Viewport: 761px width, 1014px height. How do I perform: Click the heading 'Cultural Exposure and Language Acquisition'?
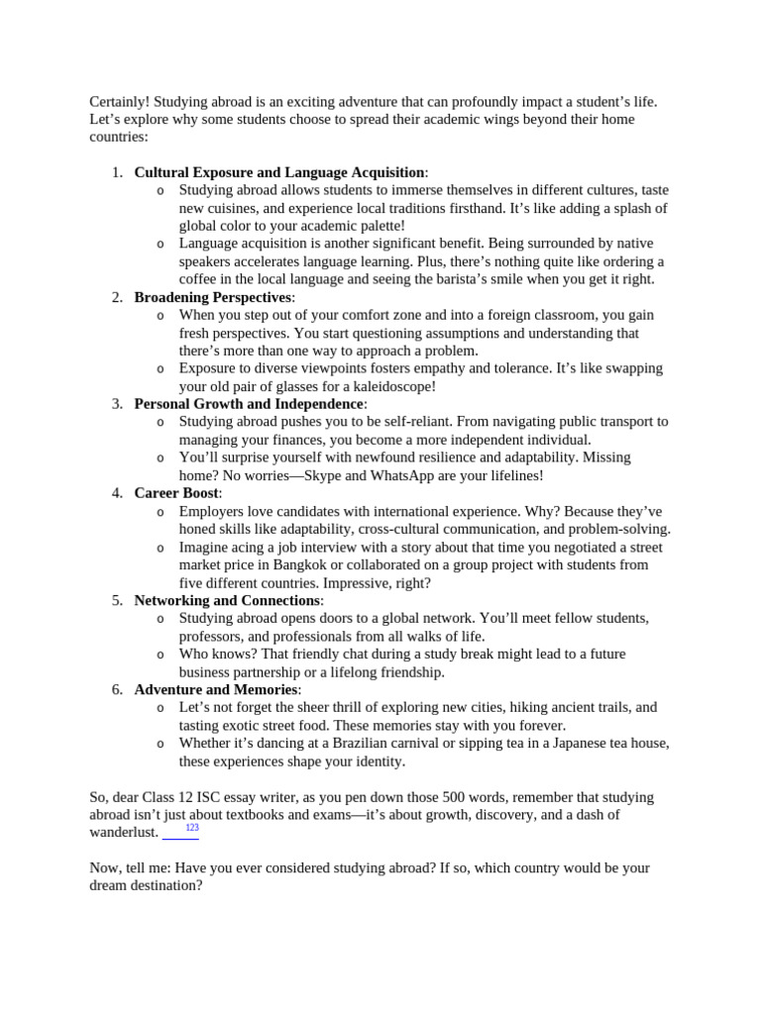(279, 172)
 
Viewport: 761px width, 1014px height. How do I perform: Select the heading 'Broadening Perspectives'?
(213, 297)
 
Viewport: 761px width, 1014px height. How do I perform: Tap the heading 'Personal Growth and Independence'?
(249, 404)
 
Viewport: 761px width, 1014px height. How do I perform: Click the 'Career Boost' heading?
(176, 493)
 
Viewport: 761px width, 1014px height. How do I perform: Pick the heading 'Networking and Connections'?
(227, 600)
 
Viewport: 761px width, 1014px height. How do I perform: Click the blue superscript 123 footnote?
(192, 828)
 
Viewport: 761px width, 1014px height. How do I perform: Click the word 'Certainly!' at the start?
(120, 101)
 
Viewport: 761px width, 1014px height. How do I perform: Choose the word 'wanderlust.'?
(124, 833)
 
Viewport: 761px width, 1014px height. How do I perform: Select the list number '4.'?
(117, 493)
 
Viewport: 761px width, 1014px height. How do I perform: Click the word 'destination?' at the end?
(162, 885)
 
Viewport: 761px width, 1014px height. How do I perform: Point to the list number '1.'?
(117, 172)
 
